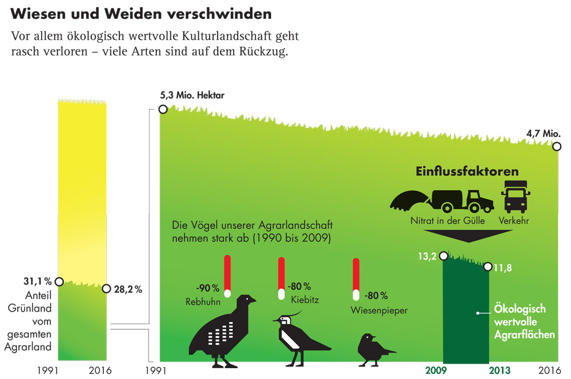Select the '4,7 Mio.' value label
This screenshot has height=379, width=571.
(544, 134)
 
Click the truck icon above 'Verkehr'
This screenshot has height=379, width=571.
(516, 197)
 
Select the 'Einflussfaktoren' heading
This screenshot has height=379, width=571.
(467, 171)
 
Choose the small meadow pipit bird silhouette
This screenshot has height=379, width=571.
(373, 348)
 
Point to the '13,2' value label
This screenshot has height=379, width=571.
(427, 256)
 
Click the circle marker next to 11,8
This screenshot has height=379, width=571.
(488, 267)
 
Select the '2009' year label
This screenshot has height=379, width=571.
(437, 370)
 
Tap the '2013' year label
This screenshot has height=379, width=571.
(501, 370)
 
